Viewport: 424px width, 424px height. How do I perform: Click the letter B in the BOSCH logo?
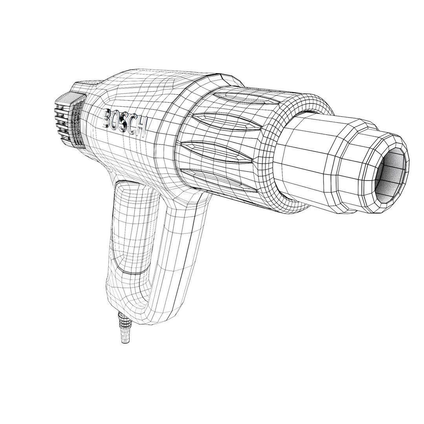click(x=107, y=117)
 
